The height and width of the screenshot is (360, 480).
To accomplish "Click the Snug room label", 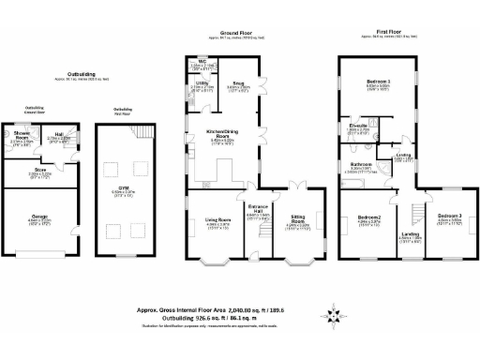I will point(242,84).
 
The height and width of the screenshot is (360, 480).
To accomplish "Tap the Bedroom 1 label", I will point(378,83).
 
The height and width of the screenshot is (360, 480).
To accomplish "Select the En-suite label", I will point(359,127).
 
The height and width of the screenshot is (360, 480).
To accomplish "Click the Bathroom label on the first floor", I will point(362,165).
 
